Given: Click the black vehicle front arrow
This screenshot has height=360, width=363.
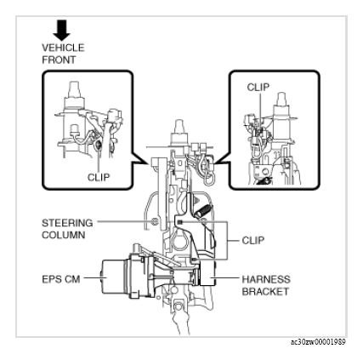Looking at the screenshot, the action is pos(62,30).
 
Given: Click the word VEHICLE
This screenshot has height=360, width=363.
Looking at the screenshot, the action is pos(63,48).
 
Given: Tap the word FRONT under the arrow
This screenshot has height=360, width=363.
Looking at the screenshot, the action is pos(59,60).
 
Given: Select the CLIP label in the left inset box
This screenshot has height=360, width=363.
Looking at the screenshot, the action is pos(99,177).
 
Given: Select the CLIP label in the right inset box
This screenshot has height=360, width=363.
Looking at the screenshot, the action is pos(258,88).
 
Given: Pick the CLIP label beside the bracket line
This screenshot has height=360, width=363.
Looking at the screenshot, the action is pos(253,241).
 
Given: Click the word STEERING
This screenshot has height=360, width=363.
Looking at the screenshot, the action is pos(67,223).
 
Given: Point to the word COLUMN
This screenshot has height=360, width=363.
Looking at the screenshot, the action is pos(64,235).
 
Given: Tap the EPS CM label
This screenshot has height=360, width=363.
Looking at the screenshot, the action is pos(61,279).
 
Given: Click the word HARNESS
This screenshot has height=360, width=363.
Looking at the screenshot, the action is pos(266,279).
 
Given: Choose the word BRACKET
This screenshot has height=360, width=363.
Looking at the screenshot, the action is pos(265,292).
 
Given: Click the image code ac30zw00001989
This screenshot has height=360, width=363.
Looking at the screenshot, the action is pos(318,342).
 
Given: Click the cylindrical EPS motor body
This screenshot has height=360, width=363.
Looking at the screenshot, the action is pos(113,277).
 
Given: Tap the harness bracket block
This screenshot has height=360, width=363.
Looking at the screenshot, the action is pos(207,273).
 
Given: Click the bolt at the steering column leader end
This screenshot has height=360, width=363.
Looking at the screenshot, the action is pos(155,221).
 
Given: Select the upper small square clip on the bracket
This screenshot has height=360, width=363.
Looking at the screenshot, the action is pos(181,222).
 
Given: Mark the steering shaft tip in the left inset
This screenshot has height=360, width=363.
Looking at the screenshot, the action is pos(75,85).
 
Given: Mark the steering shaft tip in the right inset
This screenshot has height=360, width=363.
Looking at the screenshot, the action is pos(281,96).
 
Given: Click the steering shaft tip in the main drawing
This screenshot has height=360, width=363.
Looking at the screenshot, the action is pos(179,124).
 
